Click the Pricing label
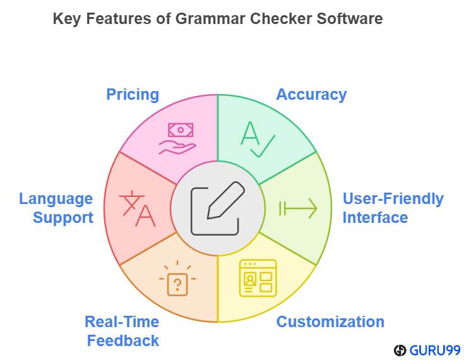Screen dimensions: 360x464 pyautogui.click(x=133, y=95)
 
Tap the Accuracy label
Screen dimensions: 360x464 pyautogui.click(x=311, y=95)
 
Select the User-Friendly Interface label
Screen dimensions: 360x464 pyautogui.click(x=393, y=208)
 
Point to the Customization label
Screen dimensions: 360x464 pyautogui.click(x=330, y=321)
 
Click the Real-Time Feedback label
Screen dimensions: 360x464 pyautogui.click(x=122, y=331)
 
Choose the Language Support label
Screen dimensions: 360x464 pyautogui.click(x=56, y=208)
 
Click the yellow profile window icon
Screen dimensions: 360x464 pyautogui.click(x=258, y=278)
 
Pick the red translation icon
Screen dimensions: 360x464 pyautogui.click(x=138, y=208)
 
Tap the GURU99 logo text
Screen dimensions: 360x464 pyautogui.click(x=434, y=350)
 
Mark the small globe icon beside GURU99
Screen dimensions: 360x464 pyautogui.click(x=399, y=350)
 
